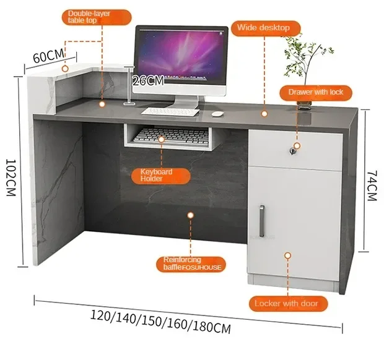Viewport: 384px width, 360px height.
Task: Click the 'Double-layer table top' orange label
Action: [90, 16]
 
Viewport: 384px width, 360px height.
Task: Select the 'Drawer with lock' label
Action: [315, 92]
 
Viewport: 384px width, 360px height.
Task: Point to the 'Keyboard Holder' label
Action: [160, 175]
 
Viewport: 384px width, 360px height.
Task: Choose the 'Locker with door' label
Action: [286, 303]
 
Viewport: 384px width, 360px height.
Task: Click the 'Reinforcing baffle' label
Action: [190, 264]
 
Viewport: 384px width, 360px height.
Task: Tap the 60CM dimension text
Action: [48, 56]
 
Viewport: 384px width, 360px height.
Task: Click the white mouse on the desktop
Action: [217, 113]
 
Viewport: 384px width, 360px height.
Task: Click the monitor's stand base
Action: [183, 105]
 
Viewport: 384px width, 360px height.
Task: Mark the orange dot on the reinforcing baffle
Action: [191, 216]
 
